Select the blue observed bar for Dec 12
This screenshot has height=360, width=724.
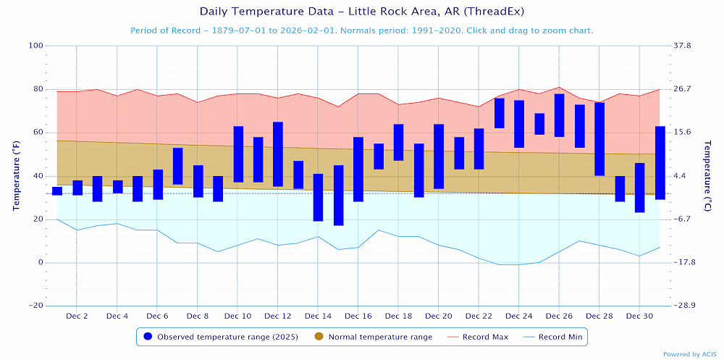click(x=278, y=154)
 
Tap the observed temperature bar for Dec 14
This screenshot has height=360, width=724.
click(x=318, y=197)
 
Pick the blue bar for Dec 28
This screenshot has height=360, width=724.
click(x=599, y=139)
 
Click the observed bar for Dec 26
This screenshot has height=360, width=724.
click(x=559, y=115)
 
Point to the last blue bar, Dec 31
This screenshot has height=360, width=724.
click(x=660, y=163)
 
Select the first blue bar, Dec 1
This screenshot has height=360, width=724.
click(x=57, y=191)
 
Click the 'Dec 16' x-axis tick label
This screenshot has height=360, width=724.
click(x=358, y=317)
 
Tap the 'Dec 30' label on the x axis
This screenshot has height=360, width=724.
click(x=639, y=317)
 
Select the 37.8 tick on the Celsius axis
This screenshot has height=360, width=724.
click(x=683, y=46)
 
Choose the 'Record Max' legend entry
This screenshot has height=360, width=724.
click(x=480, y=337)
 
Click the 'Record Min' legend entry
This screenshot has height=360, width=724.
click(x=557, y=337)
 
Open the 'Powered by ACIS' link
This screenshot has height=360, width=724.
click(x=691, y=354)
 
